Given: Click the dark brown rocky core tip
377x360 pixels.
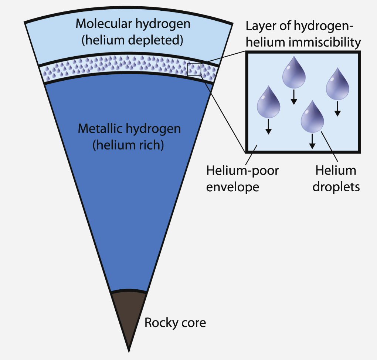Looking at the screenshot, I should pos(129,314).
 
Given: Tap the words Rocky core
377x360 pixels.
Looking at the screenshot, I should pos(175,323).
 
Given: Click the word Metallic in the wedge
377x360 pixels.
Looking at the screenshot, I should pos(100,129).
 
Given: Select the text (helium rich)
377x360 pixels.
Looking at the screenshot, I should pos(128,145).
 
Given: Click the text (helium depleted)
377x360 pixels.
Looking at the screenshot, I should pos(132,40).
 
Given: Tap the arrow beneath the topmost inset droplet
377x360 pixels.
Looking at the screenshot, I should pos(294,97).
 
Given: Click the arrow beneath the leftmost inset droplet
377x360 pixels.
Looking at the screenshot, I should pos(269,126).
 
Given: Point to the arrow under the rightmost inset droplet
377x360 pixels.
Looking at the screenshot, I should pos(337,109).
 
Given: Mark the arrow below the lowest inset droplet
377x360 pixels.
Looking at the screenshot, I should pos(312,141).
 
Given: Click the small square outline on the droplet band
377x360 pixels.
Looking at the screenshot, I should pos(194,70).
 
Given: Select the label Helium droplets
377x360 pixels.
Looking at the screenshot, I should pos(336,179).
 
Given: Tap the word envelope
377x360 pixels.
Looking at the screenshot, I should pos(232,187).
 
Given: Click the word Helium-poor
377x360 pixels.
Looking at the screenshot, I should pos(242,171).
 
